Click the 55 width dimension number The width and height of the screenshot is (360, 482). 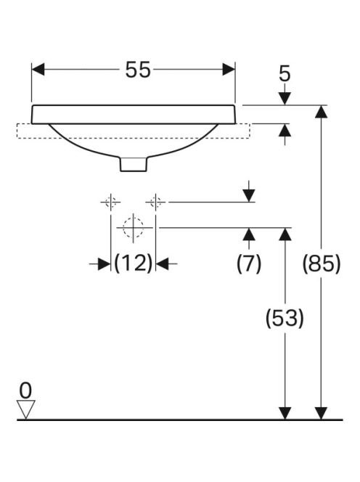[138, 70]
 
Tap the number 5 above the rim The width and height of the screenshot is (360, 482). [285, 74]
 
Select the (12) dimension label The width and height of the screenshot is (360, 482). [133, 263]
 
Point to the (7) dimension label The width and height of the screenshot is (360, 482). [249, 264]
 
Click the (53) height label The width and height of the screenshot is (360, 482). [285, 318]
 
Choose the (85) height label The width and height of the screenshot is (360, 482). [322, 264]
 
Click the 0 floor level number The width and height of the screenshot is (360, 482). [25, 391]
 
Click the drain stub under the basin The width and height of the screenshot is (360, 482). [134, 164]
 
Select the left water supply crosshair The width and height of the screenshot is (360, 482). [110, 203]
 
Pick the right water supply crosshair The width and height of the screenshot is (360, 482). [155, 203]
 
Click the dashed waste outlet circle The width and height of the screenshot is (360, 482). [133, 228]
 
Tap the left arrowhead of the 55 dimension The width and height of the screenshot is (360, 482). [38, 69]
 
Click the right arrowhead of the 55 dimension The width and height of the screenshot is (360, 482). [229, 69]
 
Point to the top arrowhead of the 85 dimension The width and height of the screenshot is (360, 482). [322, 112]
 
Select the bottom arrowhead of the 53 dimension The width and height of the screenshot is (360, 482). [285, 413]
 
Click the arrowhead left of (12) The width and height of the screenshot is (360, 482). [105, 264]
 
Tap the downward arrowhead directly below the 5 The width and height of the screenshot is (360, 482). [285, 99]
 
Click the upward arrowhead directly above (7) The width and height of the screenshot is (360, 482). [249, 234]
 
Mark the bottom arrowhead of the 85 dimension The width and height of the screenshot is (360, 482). [322, 413]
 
